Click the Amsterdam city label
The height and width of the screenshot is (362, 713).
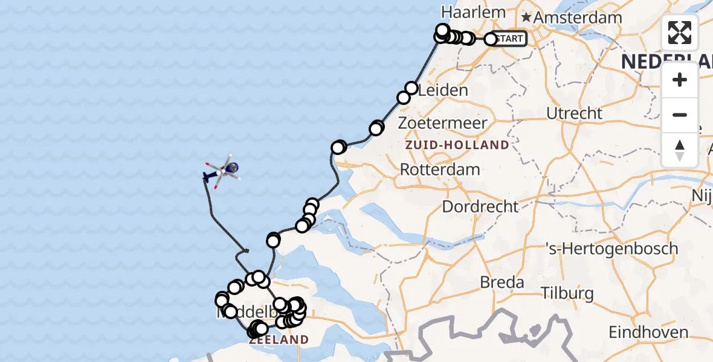pyautogui.click(x=578, y=17)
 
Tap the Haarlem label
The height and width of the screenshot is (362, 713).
pyautogui.click(x=465, y=12)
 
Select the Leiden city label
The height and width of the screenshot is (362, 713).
pyautogui.click(x=443, y=91)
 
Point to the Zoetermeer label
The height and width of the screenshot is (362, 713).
pyautogui.click(x=443, y=124)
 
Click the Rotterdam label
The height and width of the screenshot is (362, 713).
pyautogui.click(x=440, y=169)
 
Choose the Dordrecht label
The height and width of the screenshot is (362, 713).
pyautogui.click(x=480, y=206)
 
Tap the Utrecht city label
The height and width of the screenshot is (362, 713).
pyautogui.click(x=574, y=113)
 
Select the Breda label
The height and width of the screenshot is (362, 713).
pyautogui.click(x=501, y=282)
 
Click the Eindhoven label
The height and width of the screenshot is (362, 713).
pyautogui.click(x=648, y=332)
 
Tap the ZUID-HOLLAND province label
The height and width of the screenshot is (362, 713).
pyautogui.click(x=457, y=145)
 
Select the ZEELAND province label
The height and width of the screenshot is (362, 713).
pyautogui.click(x=279, y=340)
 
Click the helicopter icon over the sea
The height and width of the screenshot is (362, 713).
pyautogui.click(x=222, y=171)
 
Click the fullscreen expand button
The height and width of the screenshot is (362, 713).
pyautogui.click(x=680, y=33)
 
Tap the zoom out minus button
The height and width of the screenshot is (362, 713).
pyautogui.click(x=680, y=115)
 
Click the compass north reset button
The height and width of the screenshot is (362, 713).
pyautogui.click(x=680, y=150)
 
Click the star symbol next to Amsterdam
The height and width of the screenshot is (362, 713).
pyautogui.click(x=527, y=17)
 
